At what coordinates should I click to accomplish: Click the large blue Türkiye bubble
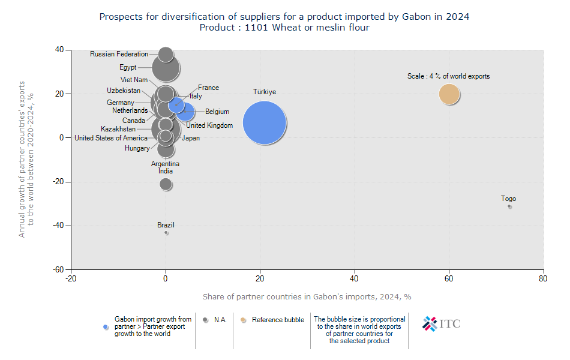pos(264,123)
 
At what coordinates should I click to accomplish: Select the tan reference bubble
pos(449,94)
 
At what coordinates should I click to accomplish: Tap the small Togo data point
pos(509,206)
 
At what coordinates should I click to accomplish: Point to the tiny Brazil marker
pos(166,233)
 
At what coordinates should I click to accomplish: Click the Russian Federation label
pos(119,54)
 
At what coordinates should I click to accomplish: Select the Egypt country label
pos(128,67)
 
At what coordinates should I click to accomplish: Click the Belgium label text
pos(217,112)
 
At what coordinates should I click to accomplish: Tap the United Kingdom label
pos(209,125)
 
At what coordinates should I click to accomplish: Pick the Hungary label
pos(137,148)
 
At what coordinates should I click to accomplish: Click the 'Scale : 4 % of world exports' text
pos(448,76)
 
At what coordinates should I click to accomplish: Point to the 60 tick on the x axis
pos(449,278)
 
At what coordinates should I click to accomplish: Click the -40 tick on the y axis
pos(59,226)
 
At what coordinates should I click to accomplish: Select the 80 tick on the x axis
pos(543,278)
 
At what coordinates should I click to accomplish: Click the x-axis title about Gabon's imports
pos(307,296)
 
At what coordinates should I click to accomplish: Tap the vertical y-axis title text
pos(26,159)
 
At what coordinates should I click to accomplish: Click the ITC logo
pos(442,324)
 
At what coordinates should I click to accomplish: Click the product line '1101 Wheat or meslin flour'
pos(284,28)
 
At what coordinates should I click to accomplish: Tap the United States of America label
pos(111,138)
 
